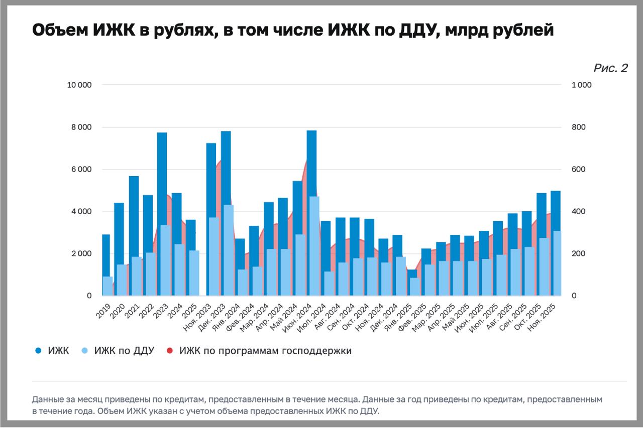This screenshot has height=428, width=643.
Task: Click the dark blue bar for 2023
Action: click(162, 166)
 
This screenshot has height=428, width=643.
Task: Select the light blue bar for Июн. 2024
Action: click(314, 246)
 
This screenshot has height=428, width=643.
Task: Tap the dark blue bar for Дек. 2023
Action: click(226, 166)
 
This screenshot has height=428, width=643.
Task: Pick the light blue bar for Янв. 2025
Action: click(414, 287)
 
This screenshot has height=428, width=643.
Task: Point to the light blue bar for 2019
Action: click(108, 286)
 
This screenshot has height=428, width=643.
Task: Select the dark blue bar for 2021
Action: click(134, 216)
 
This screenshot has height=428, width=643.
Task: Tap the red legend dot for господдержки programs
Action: click(169, 351)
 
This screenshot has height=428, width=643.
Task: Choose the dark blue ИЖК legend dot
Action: click(38, 351)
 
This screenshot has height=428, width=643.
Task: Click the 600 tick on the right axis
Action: click(579, 169)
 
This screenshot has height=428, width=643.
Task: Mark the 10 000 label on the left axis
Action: click(79, 85)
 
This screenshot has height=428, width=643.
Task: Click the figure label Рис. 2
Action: click(610, 68)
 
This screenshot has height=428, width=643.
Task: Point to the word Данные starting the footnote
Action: click(47, 400)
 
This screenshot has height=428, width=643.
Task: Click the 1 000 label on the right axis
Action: click(582, 85)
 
